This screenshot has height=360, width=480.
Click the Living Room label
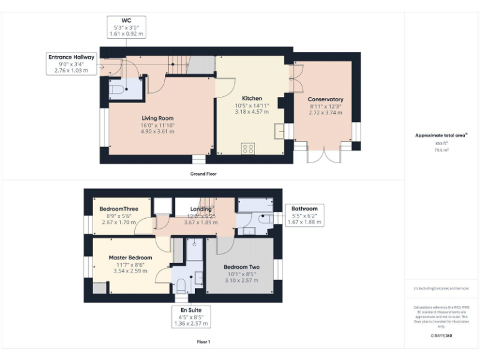coord(157,118)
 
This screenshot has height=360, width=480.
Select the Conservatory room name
coord(326,99)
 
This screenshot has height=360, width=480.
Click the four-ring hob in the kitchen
coord(248,149)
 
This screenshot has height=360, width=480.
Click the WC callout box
coord(126,28)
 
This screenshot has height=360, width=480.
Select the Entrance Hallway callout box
coord(72,64)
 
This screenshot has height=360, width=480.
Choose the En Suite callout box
coord(191,316)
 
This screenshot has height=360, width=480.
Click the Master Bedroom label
coord(130,257)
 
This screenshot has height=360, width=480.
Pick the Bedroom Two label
coord(242,267)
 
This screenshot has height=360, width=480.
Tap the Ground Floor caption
coord(203,174)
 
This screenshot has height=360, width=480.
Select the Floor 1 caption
coord(203,342)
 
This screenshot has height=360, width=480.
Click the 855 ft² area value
coord(442,143)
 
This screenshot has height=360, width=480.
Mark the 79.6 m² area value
coord(442,149)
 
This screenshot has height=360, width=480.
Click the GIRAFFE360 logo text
coord(441,336)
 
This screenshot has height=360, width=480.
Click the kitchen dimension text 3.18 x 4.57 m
coord(252,112)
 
